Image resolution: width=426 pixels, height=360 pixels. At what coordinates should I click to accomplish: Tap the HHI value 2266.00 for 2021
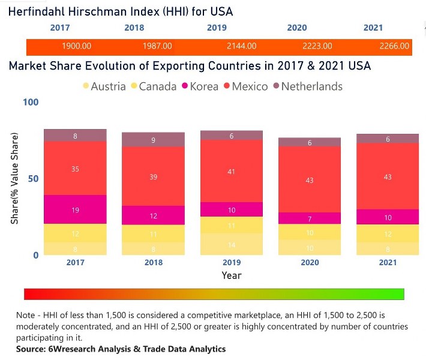coord(394,46)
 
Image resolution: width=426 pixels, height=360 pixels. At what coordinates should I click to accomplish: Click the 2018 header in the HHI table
coord(134,28)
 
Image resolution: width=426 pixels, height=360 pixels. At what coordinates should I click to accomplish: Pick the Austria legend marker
coord(86,86)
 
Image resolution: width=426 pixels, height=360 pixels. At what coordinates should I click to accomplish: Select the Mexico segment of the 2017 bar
coord(75,169)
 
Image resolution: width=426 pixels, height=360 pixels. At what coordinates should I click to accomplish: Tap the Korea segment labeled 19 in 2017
coord(75,209)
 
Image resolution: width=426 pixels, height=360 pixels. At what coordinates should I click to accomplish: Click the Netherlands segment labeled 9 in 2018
coord(154,140)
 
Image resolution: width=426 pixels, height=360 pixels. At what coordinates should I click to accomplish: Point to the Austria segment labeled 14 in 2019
coord(232,244)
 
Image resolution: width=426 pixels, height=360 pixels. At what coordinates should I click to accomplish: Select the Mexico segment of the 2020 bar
coord(310,179)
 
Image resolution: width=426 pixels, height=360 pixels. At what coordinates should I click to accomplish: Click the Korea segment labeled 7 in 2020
coord(310,218)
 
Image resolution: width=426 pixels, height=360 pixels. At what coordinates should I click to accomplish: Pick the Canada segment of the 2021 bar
coord(389,233)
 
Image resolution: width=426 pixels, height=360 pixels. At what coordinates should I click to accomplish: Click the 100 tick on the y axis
coord(30,103)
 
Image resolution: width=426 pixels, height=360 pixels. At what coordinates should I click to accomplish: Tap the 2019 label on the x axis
coord(232,263)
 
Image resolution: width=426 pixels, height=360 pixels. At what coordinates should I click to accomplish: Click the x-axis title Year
coord(232,275)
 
